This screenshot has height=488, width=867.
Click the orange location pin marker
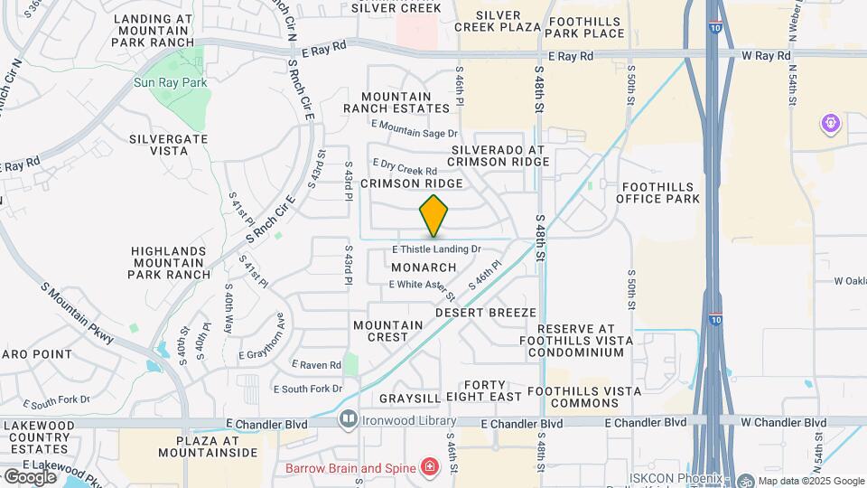[x=434, y=216]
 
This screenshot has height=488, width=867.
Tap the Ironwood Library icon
[x=348, y=419]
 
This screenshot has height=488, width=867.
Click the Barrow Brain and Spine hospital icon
[x=430, y=467]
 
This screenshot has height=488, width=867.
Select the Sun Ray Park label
[x=172, y=82]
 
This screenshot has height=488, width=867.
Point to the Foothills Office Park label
[x=661, y=192]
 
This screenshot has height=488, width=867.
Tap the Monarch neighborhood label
[x=424, y=267]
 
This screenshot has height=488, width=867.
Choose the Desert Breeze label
[x=486, y=312]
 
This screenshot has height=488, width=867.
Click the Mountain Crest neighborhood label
[x=388, y=331]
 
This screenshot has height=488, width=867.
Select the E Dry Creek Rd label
[x=405, y=167]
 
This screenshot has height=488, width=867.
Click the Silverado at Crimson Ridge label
[x=499, y=155]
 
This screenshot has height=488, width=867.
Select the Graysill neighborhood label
[x=409, y=398]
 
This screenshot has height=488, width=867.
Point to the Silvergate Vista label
[x=168, y=145]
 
